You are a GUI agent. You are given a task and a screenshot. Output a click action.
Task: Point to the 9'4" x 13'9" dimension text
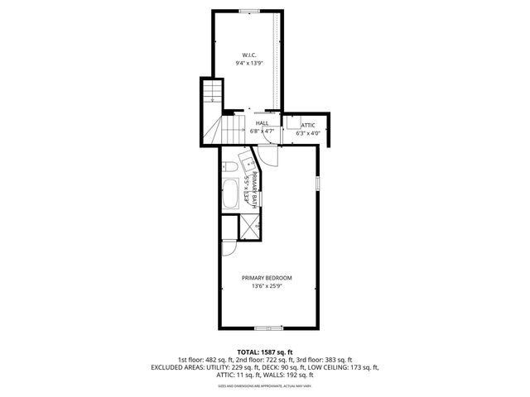point(248,63)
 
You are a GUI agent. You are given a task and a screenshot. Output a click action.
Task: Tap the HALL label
point(262,122)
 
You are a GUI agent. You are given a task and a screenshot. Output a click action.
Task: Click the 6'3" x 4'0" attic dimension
point(308,132)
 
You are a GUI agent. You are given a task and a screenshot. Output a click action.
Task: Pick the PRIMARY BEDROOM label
point(267,278)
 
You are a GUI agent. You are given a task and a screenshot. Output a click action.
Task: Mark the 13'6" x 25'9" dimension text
point(267,286)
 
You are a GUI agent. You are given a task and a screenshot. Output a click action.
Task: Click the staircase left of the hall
point(212,116)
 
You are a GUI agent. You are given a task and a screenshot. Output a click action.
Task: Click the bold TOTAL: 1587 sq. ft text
point(265,352)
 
